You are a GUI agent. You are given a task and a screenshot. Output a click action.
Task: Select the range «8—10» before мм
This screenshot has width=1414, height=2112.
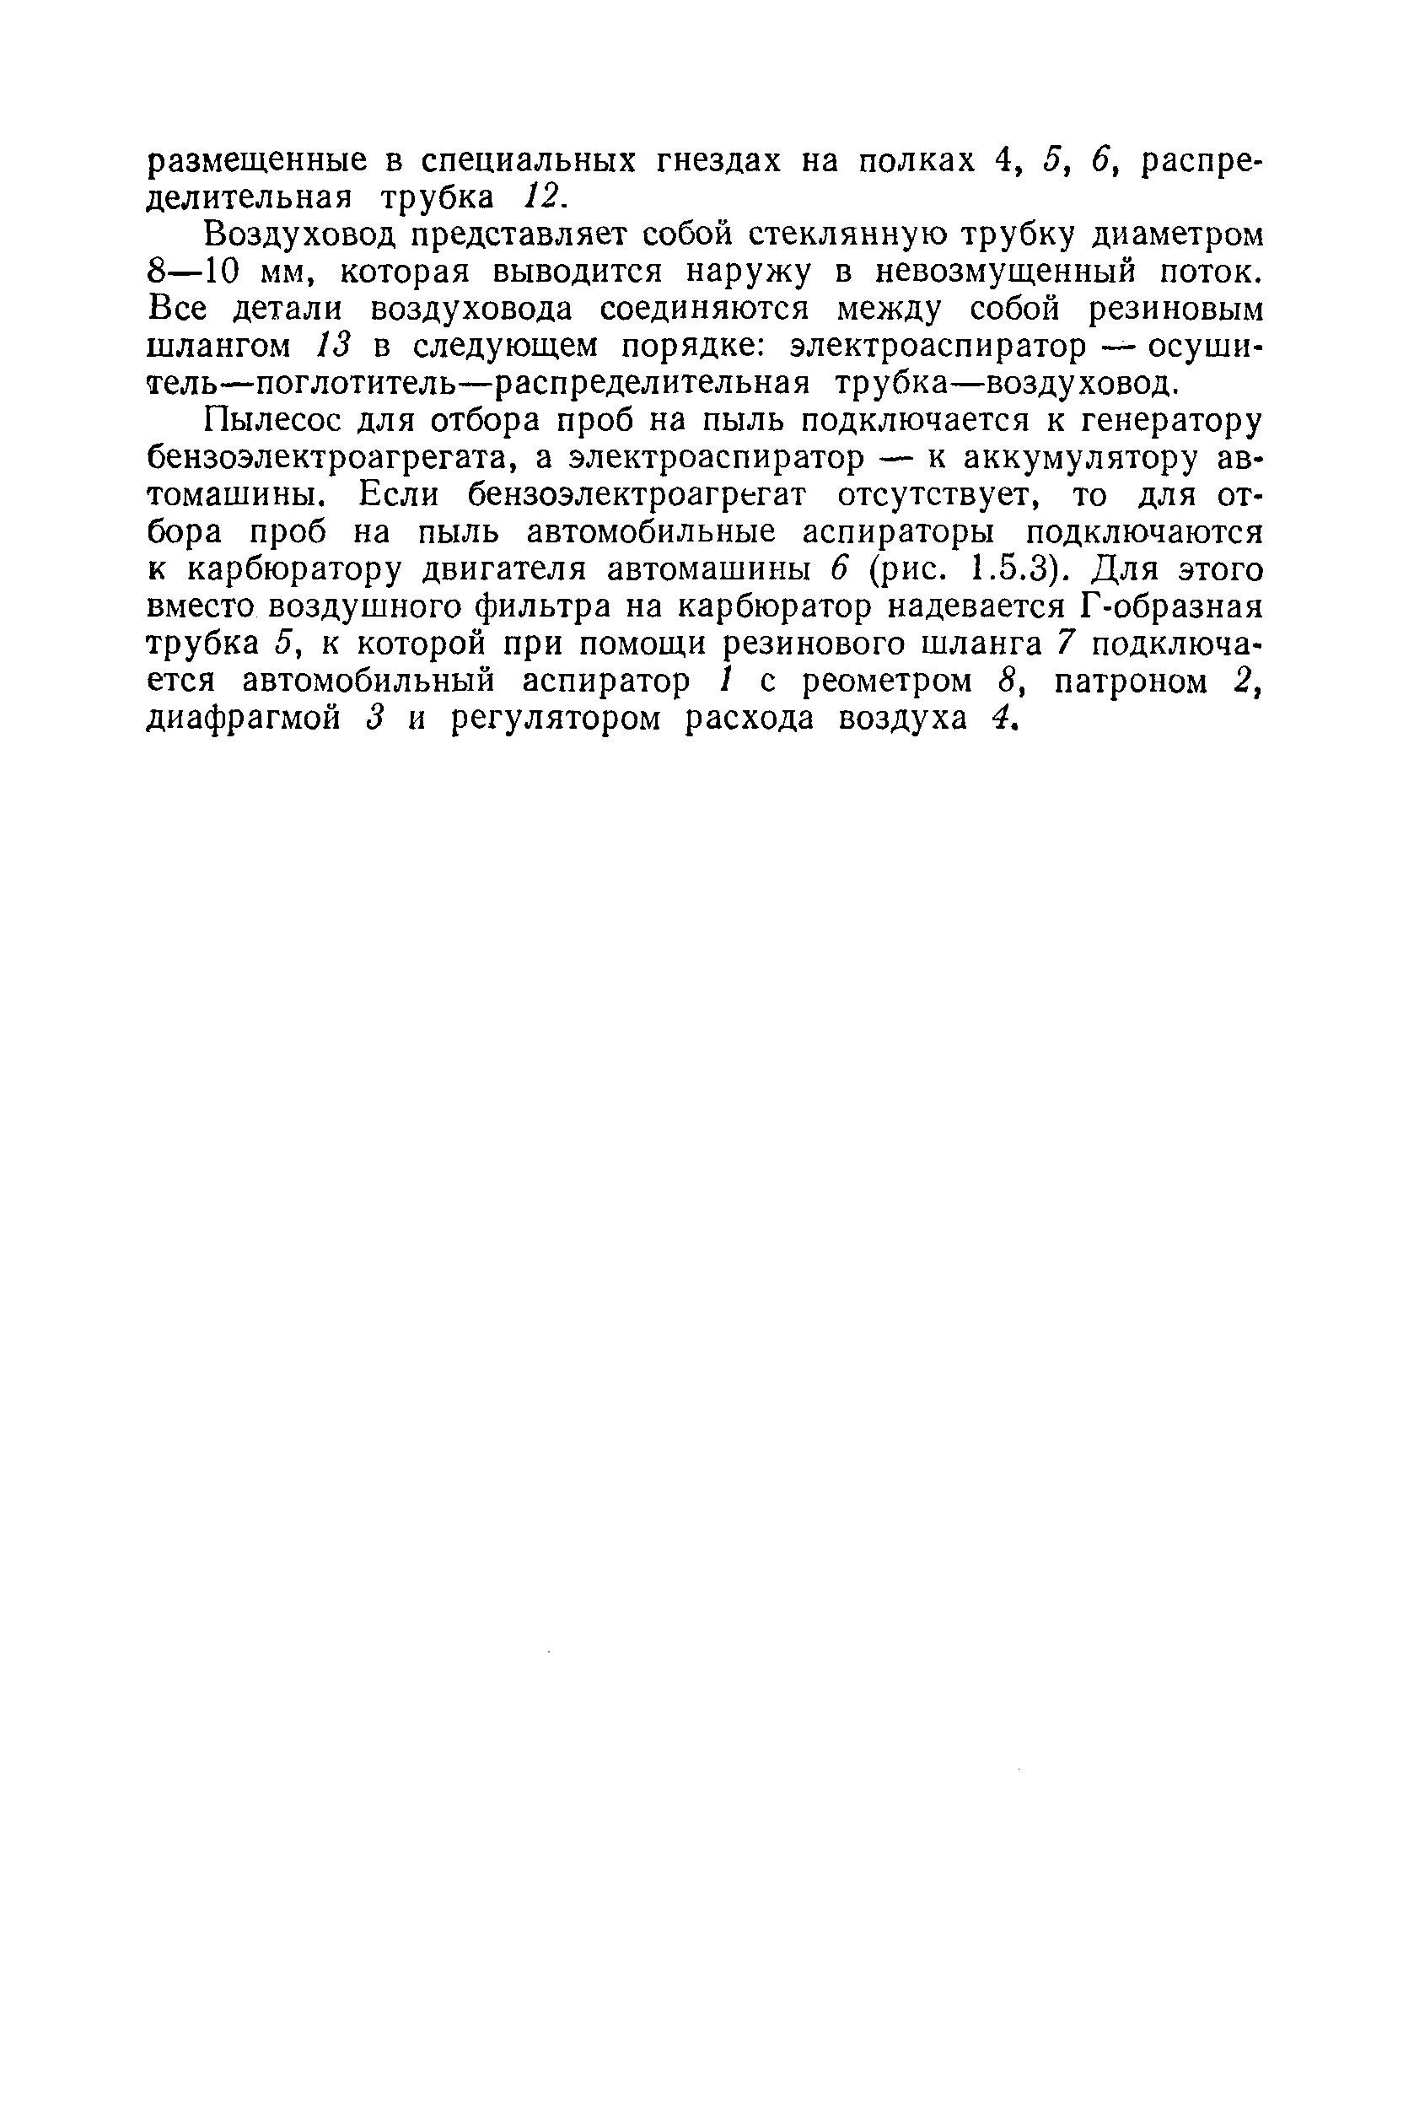click(x=190, y=272)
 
